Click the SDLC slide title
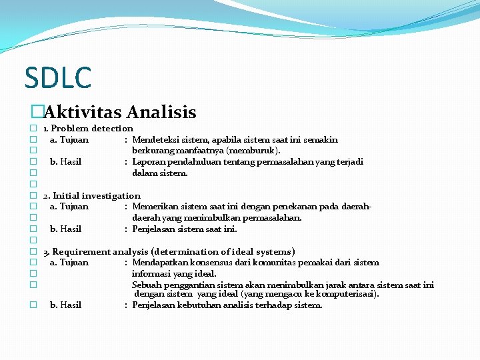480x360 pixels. (x=57, y=77)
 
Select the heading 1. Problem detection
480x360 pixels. (x=88, y=128)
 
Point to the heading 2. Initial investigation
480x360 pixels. (x=91, y=195)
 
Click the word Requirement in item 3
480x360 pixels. (x=81, y=251)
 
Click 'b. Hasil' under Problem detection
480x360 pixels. (x=65, y=162)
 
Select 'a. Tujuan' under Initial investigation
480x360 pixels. (x=69, y=207)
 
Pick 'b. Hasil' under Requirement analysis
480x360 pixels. (x=65, y=305)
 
